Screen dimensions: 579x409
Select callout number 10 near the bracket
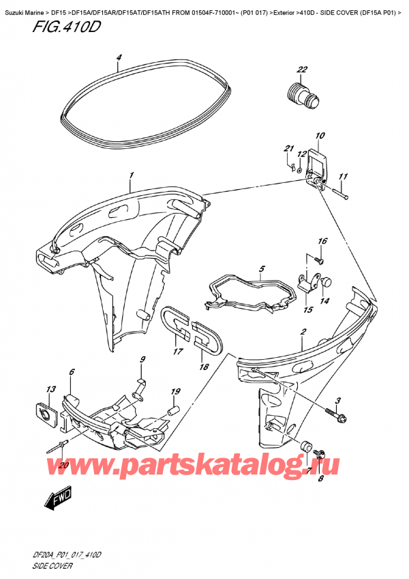(320, 136)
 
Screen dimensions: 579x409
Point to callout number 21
(288, 150)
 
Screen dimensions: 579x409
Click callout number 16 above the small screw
(322, 242)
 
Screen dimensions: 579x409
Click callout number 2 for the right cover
(302, 332)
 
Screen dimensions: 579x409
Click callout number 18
(202, 367)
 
